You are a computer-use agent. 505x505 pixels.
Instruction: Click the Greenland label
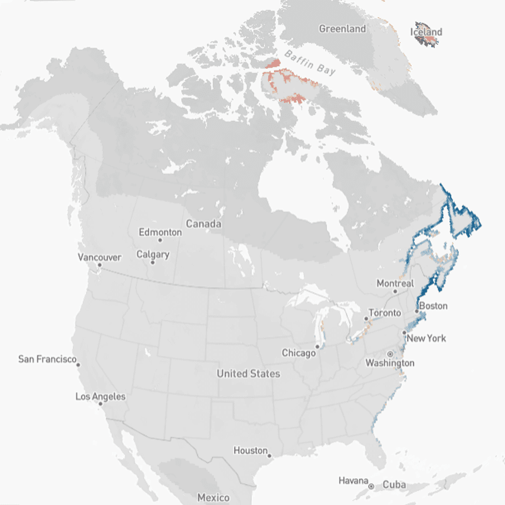point(342,29)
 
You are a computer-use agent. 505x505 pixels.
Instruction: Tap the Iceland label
point(426,32)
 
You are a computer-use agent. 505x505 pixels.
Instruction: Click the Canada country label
point(203,224)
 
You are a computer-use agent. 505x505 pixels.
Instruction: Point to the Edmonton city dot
point(160,241)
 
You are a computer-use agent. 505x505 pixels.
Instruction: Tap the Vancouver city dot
point(99,265)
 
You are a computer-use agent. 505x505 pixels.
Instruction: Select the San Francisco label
point(47,359)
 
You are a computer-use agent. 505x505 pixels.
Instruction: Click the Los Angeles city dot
point(100,405)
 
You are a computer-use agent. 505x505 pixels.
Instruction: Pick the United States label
point(248,374)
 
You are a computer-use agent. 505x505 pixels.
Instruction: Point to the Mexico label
point(213,497)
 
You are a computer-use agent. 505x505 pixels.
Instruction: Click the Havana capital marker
point(371,485)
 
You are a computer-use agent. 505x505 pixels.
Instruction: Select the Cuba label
point(395,485)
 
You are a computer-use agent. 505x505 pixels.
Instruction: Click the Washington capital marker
point(390,354)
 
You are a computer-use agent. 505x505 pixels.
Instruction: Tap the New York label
point(427,338)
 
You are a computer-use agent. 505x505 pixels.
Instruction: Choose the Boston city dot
point(417,312)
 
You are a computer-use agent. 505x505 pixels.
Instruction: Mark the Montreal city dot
point(395,292)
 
